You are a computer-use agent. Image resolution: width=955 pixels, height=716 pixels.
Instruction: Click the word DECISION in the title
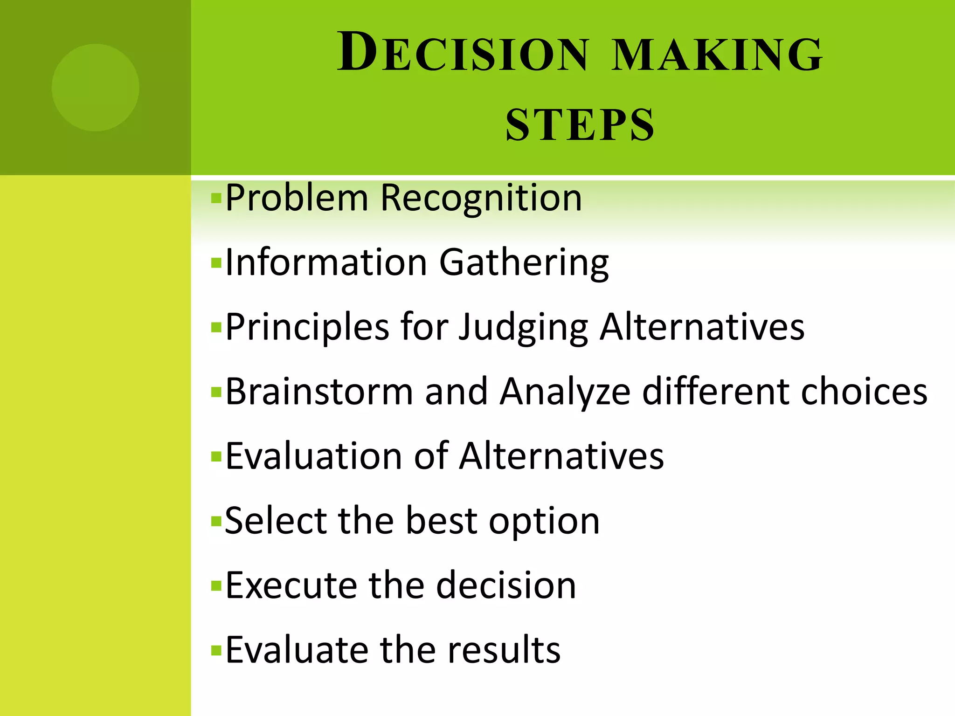(x=463, y=52)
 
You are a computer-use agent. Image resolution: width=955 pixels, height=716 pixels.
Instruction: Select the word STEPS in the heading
(x=580, y=124)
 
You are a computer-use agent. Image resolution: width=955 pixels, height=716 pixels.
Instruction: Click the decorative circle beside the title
(x=96, y=87)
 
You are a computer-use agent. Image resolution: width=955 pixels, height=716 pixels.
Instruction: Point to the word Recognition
(x=481, y=198)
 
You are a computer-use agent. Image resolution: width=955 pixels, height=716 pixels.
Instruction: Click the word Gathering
(x=524, y=262)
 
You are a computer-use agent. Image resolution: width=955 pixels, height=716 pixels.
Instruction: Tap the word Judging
(x=524, y=328)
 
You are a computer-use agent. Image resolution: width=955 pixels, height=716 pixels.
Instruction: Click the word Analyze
(x=565, y=392)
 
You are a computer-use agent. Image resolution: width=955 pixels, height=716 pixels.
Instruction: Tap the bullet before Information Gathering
(x=215, y=263)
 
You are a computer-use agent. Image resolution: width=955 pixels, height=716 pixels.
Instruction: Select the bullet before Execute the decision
(x=215, y=586)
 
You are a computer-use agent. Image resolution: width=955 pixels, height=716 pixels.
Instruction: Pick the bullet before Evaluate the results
(x=215, y=650)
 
